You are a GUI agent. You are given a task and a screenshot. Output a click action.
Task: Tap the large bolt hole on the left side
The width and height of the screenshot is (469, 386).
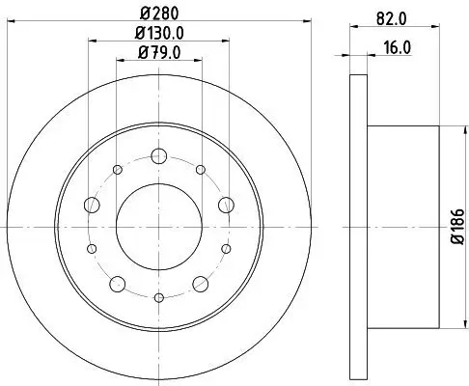pyautogui.click(x=93, y=205)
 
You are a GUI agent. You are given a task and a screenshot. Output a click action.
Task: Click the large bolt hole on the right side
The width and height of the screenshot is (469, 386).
pyautogui.click(x=226, y=205)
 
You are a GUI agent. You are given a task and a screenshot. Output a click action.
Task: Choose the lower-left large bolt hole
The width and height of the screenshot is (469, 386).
pyautogui.click(x=118, y=283)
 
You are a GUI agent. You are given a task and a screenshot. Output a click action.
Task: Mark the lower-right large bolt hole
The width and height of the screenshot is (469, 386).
pyautogui.click(x=201, y=283)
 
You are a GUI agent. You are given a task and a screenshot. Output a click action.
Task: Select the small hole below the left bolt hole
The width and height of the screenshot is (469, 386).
pyautogui.click(x=93, y=248)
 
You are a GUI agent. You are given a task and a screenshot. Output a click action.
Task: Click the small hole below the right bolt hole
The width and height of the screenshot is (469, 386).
pyautogui.click(x=226, y=248)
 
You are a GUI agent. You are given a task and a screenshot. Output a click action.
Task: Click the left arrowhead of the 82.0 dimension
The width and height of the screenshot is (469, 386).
pyautogui.click(x=351, y=28)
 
